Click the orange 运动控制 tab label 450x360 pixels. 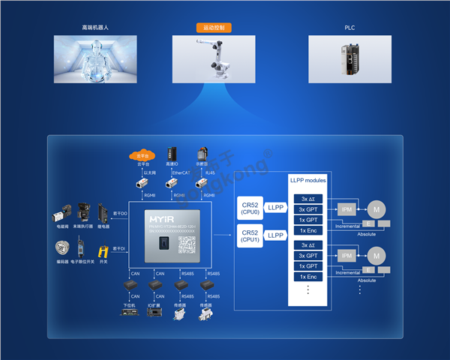click(x=217, y=28)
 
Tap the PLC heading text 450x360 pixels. click(x=349, y=28)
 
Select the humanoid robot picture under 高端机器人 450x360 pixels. click(x=95, y=59)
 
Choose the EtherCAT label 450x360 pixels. click(x=181, y=172)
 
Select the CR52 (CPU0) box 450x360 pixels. click(x=249, y=206)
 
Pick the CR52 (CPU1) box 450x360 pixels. click(x=249, y=235)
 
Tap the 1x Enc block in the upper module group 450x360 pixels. click(x=308, y=230)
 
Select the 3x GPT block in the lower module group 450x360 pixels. click(x=308, y=256)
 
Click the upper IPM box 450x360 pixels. click(x=346, y=208)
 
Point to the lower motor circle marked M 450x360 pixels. click(x=377, y=256)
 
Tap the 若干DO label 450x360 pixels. click(x=121, y=214)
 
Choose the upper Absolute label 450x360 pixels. click(x=367, y=233)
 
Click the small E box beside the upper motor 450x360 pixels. click(x=369, y=223)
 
